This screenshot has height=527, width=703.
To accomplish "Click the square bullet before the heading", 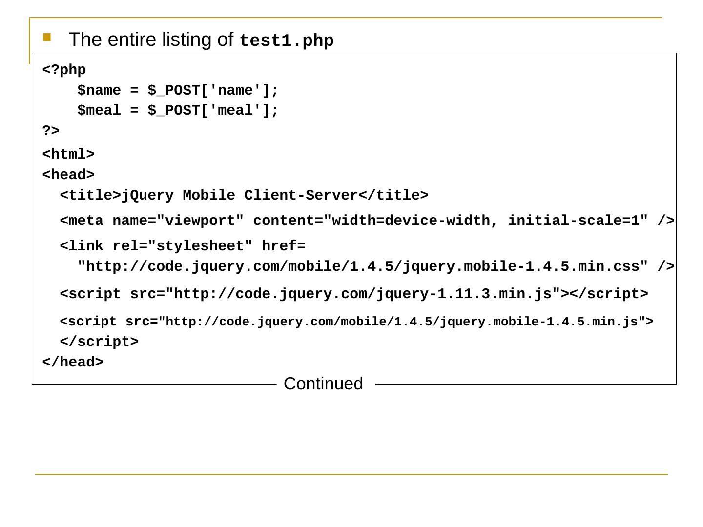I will (x=47, y=37).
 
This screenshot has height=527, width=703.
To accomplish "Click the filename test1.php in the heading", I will (x=287, y=41).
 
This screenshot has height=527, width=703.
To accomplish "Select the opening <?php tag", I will (x=64, y=70).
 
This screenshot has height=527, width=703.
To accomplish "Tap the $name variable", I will (x=99, y=91).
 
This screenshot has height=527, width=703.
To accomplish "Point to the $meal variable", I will (x=99, y=111).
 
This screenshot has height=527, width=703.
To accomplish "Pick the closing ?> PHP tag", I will (x=51, y=131).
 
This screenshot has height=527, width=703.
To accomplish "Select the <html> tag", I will (x=68, y=154).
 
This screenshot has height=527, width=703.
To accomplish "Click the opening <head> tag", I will (x=68, y=175).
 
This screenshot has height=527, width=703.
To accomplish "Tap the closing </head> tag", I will (x=73, y=362).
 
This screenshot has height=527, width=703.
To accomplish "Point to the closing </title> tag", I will (x=393, y=195).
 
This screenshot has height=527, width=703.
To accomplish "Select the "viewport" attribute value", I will (x=200, y=221).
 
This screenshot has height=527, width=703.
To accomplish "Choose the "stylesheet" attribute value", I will (x=200, y=246).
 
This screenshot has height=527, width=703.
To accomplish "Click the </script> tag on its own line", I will (x=99, y=342).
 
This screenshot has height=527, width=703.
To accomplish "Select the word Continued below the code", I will (x=323, y=384).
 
